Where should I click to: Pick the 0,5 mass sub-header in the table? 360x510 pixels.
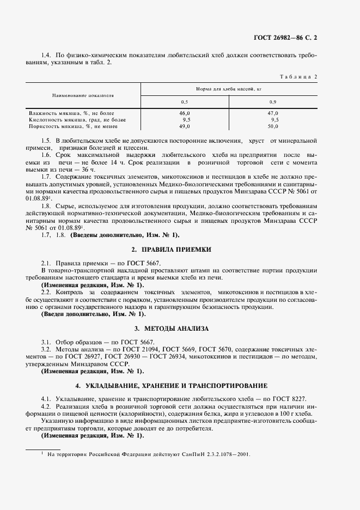pos(185,102)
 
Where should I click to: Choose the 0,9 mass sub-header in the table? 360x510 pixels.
pos(273,102)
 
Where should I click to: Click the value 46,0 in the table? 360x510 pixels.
pos(186,113)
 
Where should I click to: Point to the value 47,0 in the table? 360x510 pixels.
pos(273,113)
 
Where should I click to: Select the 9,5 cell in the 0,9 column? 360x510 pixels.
pos(274,119)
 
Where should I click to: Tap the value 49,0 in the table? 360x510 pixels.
pos(186,126)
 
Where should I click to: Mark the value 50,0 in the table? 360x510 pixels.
pos(273,126)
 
